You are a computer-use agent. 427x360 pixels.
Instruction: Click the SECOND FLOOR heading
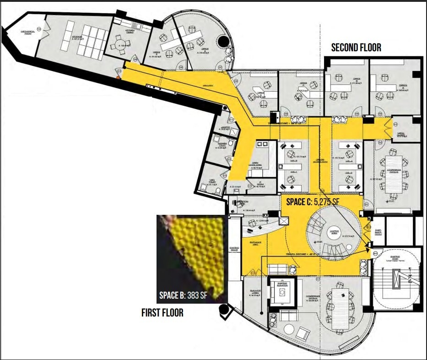(x=356, y=48)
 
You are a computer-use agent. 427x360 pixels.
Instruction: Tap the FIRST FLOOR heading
(x=162, y=313)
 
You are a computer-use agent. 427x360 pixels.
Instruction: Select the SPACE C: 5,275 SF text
(x=313, y=201)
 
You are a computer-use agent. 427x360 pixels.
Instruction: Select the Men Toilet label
(x=212, y=180)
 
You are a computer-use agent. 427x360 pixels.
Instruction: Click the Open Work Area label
(x=255, y=164)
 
